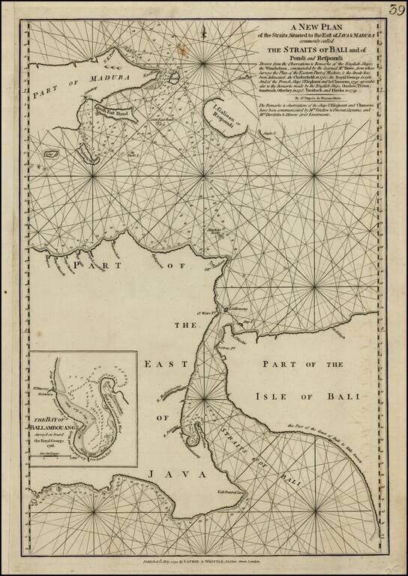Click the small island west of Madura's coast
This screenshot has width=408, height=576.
[53, 152]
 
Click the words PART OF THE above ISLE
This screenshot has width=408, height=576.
[308, 363]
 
